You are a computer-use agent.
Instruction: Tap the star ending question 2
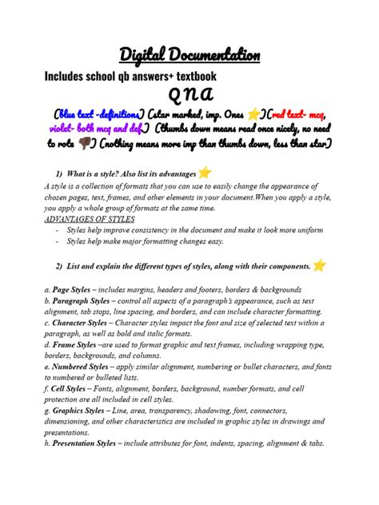(320, 265)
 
